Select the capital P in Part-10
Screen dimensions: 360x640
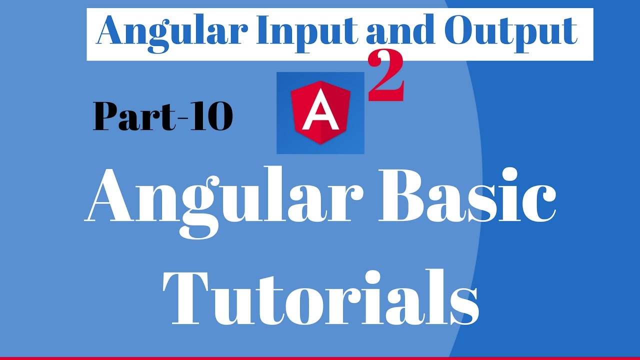(106, 117)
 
